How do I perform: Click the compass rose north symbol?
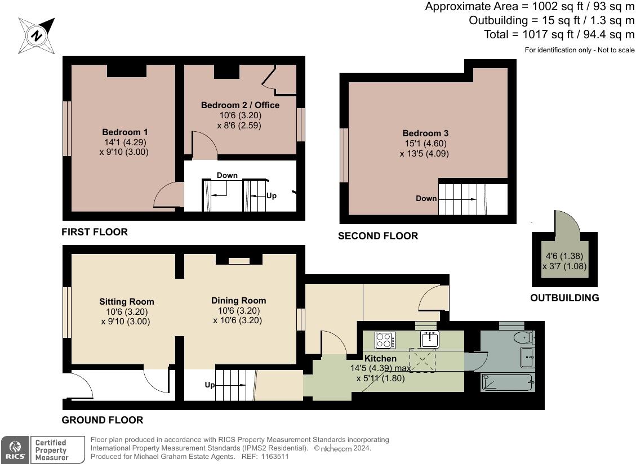(x=37, y=35)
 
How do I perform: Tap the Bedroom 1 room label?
(x=125, y=132)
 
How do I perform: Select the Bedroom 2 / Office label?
(x=240, y=105)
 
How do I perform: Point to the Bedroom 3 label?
(x=425, y=133)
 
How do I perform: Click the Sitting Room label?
(x=127, y=302)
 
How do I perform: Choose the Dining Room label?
(x=238, y=301)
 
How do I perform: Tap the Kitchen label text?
(x=380, y=359)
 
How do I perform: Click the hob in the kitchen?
(x=385, y=340)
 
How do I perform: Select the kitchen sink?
(x=430, y=339)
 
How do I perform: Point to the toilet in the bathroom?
(x=524, y=337)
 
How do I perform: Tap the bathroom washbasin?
(x=527, y=358)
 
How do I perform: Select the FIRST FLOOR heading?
(x=95, y=232)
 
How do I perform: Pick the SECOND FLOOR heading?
(x=378, y=236)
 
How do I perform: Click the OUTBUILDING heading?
(x=564, y=298)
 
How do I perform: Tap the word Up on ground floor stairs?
(x=210, y=385)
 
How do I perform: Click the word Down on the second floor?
(x=426, y=198)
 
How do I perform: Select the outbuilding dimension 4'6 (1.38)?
(x=564, y=256)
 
